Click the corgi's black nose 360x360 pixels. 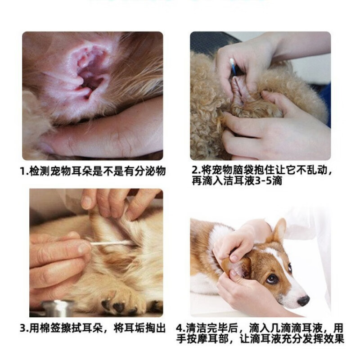(x=303, y=300)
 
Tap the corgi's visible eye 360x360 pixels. (x=272, y=279)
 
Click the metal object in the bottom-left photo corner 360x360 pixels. (x=58, y=309)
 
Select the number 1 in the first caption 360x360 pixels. (x=22, y=171)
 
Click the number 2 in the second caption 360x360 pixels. (x=195, y=171)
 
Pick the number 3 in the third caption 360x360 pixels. (x=22, y=328)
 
